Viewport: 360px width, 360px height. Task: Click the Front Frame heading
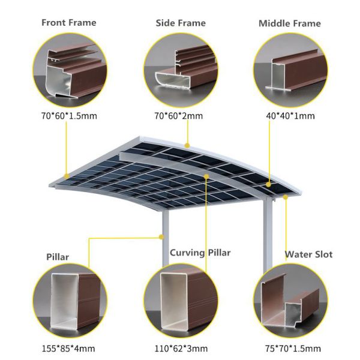click(x=68, y=23)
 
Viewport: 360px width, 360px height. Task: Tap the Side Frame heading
click(x=181, y=23)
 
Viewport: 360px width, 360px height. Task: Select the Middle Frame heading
click(x=289, y=23)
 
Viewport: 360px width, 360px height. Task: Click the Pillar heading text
click(x=58, y=257)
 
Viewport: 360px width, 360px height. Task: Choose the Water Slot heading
click(x=308, y=254)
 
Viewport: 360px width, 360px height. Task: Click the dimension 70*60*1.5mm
click(x=70, y=115)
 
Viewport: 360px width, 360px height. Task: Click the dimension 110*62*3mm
click(x=181, y=348)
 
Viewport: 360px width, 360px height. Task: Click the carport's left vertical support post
click(x=164, y=240)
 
